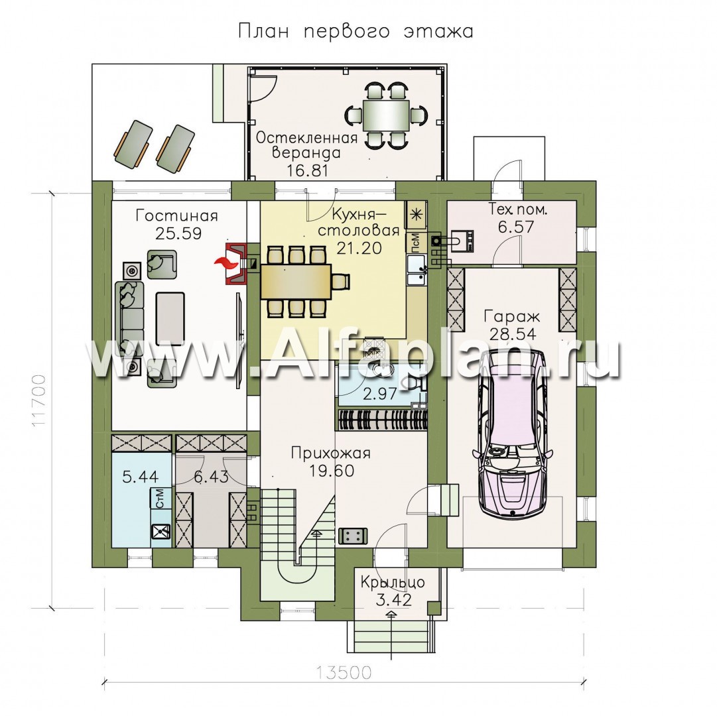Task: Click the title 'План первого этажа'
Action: click(356, 32)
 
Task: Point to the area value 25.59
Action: click(178, 233)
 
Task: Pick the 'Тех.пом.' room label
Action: click(517, 209)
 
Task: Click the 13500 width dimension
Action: click(344, 673)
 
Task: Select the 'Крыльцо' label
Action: click(393, 582)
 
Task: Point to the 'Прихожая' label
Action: click(331, 453)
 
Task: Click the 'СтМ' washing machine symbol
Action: click(161, 498)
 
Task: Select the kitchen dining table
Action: click(296, 281)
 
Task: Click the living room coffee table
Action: click(170, 319)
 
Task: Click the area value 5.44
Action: click(141, 477)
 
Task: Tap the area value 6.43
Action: click(211, 477)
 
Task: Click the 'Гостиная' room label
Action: click(176, 215)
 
